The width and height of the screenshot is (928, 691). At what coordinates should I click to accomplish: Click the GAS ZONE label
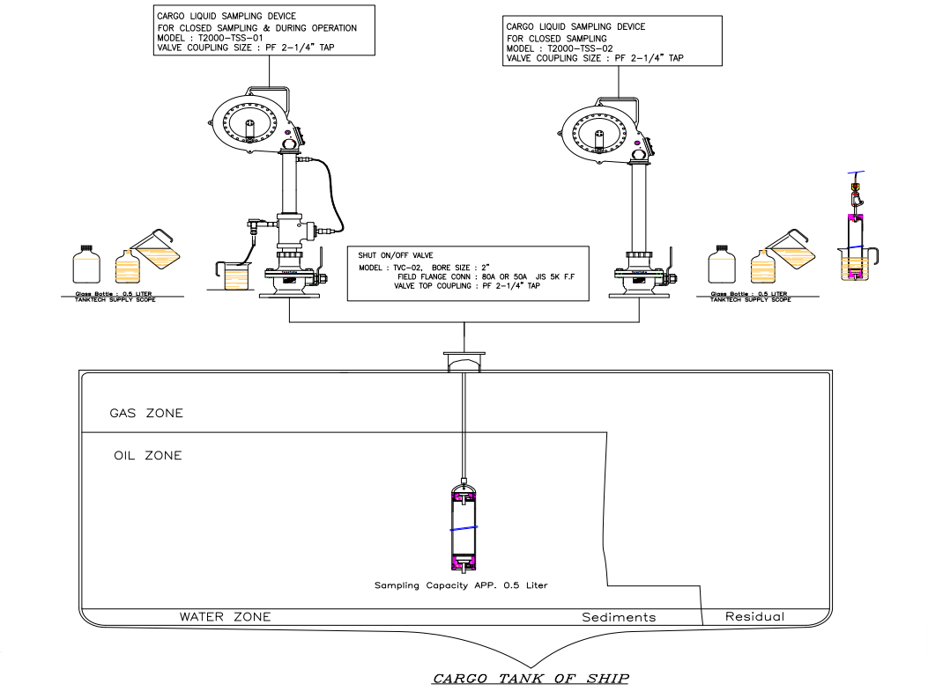coord(146,413)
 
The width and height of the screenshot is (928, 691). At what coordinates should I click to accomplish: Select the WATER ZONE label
coord(225,617)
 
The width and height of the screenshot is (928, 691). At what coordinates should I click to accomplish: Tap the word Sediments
coord(619,618)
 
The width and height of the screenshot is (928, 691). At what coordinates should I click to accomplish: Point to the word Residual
coord(754,617)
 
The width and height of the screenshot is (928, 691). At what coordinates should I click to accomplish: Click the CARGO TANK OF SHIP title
coord(530,678)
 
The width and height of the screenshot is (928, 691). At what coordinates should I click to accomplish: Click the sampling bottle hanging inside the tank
coord(464,528)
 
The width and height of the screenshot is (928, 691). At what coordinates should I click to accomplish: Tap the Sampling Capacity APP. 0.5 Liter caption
coord(461,585)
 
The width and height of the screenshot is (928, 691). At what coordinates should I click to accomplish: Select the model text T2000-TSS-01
coord(231,39)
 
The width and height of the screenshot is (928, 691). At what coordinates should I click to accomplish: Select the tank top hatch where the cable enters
coord(464,362)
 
